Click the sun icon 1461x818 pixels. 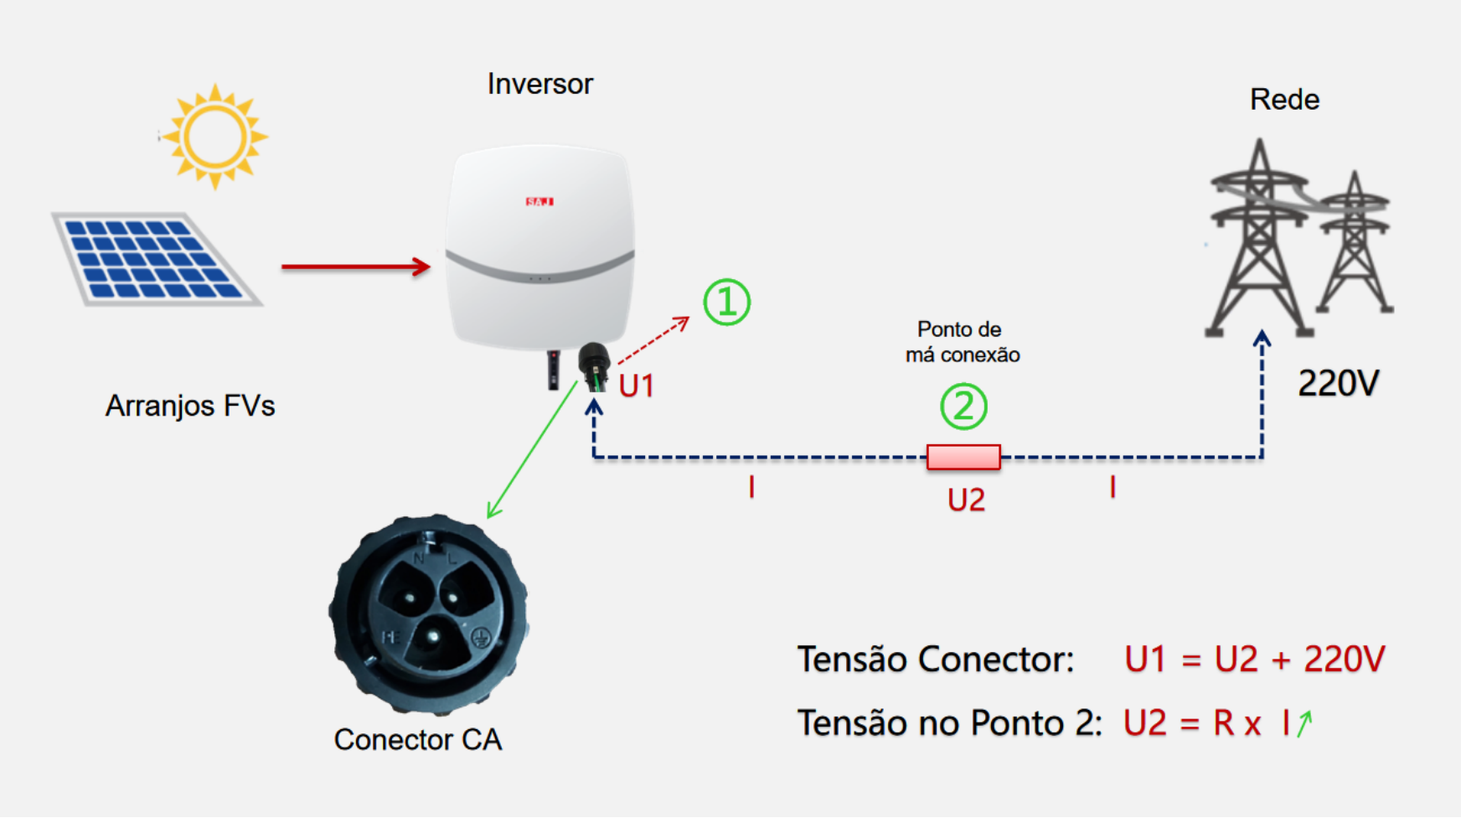[214, 137]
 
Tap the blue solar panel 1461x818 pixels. [156, 258]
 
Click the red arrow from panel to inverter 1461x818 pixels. [355, 267]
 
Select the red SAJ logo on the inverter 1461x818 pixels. [539, 202]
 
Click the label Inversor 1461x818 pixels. [540, 84]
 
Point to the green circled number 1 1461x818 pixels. [726, 303]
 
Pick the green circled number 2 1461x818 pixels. [963, 406]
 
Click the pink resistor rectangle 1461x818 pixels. [963, 457]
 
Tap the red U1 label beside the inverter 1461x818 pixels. [636, 386]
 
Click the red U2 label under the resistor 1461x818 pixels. [966, 500]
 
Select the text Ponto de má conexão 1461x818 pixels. [962, 342]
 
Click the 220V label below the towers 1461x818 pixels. [1338, 384]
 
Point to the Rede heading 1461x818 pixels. [1284, 100]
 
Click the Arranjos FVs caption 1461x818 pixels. [190, 406]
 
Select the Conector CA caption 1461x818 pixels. [417, 739]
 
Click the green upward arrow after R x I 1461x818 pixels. [1304, 722]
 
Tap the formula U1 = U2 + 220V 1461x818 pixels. [1254, 660]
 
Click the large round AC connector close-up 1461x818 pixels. [429, 613]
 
